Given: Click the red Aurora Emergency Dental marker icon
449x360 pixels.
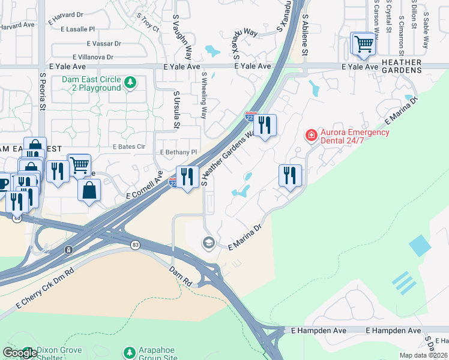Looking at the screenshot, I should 311,135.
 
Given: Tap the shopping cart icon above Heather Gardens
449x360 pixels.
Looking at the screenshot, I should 363,44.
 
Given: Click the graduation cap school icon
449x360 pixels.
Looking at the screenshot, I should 208,242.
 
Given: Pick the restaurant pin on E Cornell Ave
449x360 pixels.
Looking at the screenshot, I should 187,176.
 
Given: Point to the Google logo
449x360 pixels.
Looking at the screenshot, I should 19,353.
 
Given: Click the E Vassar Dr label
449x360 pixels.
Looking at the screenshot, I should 104,44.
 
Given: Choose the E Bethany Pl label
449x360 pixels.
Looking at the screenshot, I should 178,152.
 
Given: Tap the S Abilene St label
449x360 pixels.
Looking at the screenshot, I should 305,36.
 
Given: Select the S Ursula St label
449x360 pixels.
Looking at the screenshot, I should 176,110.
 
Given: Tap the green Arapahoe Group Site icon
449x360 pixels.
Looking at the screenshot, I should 128,352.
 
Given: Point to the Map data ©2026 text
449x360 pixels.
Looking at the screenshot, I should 423,355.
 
